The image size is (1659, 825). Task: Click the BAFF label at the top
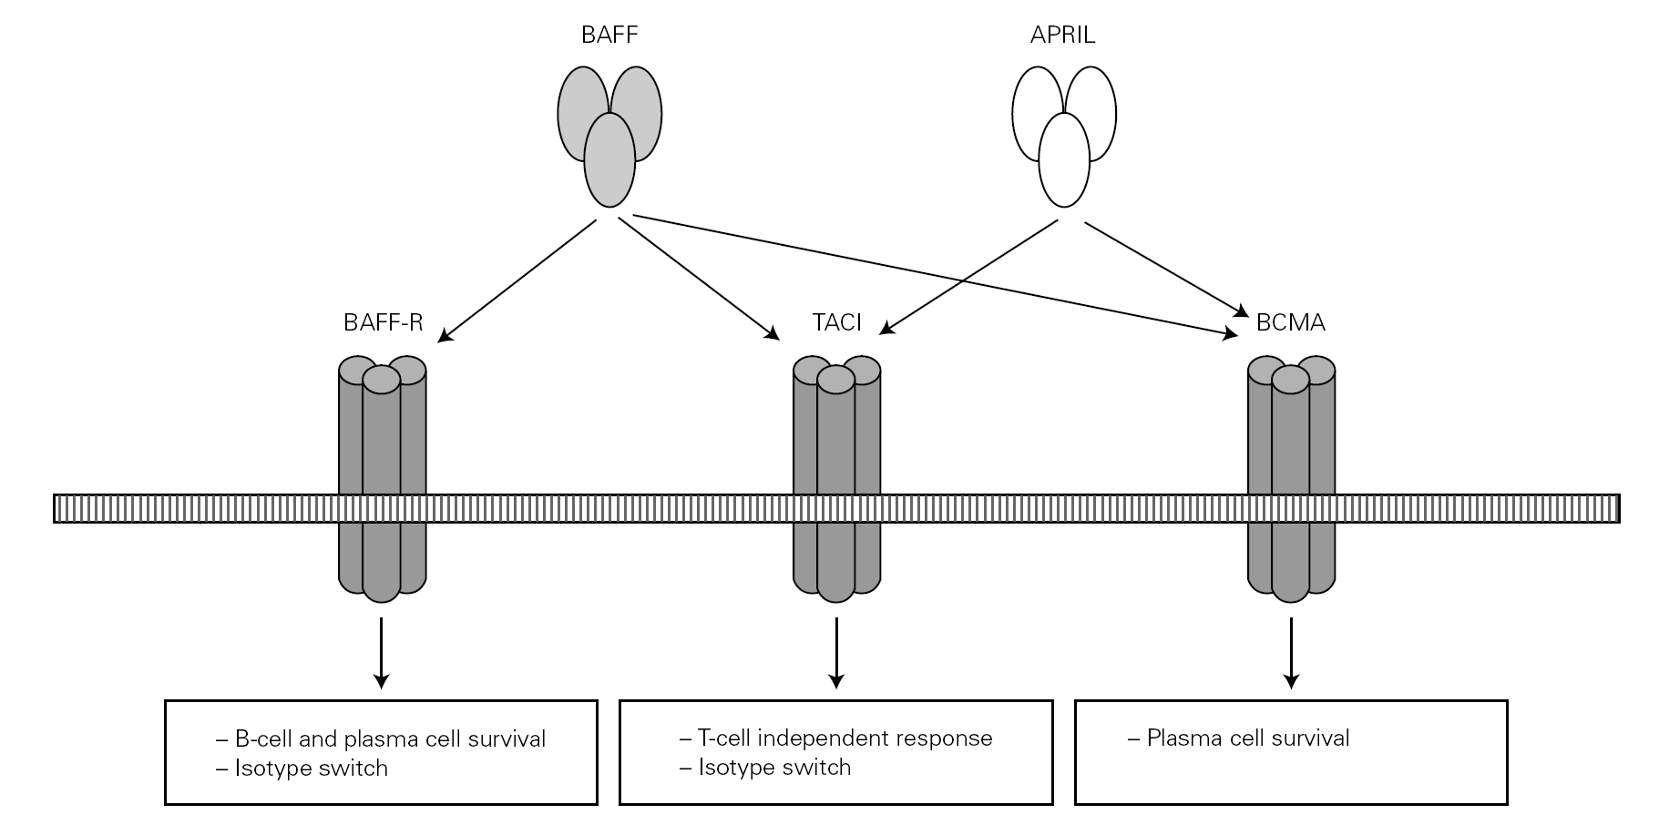(609, 36)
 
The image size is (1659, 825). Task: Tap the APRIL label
(1062, 36)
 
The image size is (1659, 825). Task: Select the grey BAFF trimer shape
(609, 137)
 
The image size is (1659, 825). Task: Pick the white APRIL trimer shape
(1064, 137)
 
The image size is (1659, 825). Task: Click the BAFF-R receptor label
(383, 322)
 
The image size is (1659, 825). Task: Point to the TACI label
(836, 322)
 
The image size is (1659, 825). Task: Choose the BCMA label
(1290, 322)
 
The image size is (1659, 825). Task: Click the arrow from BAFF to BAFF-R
(517, 281)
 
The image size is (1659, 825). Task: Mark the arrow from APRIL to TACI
(970, 275)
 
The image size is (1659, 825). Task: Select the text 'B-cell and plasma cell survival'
(389, 738)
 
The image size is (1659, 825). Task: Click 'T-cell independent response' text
(844, 738)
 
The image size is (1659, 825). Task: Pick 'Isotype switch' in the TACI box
(773, 768)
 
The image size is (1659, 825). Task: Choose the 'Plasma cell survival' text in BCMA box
(1247, 738)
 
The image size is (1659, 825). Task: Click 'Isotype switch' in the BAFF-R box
(311, 769)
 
